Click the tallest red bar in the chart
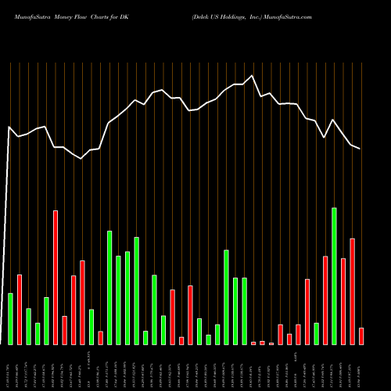point(56,277)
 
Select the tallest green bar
point(335,275)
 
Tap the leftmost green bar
point(10,318)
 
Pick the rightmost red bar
point(361,335)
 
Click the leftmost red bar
point(20,309)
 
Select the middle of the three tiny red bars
point(262,343)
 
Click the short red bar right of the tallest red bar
point(64,330)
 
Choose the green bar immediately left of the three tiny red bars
point(244,310)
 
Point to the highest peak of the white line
point(252,76)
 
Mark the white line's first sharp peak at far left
point(9,127)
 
